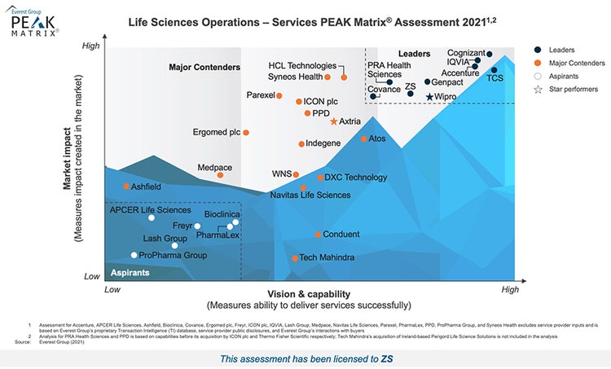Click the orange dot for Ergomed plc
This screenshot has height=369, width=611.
pyautogui.click(x=246, y=132)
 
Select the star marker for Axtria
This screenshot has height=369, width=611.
pyautogui.click(x=333, y=121)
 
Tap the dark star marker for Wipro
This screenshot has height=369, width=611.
pyautogui.click(x=430, y=97)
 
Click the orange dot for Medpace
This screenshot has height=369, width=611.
pyautogui.click(x=220, y=175)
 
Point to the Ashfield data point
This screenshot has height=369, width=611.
pyautogui.click(x=126, y=187)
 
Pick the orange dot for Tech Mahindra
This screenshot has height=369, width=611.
pyautogui.click(x=295, y=258)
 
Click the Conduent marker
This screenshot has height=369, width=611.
pyautogui.click(x=319, y=235)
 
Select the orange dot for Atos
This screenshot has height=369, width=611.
pyautogui.click(x=364, y=138)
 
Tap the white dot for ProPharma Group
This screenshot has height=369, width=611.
pyautogui.click(x=134, y=255)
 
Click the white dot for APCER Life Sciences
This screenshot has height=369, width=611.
pyautogui.click(x=152, y=217)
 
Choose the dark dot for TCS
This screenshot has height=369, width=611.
pyautogui.click(x=494, y=70)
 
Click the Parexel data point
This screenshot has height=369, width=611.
pyautogui.click(x=279, y=95)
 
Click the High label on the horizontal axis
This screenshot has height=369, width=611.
pyautogui.click(x=510, y=289)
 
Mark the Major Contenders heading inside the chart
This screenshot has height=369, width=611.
pyautogui.click(x=204, y=68)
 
